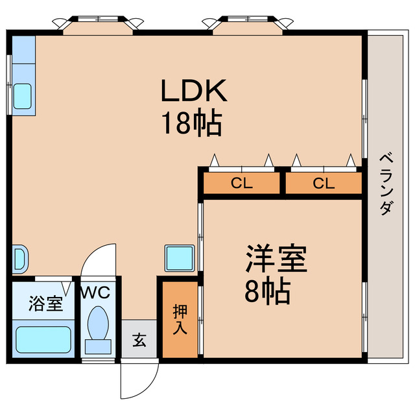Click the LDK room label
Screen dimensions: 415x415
(x=194, y=92)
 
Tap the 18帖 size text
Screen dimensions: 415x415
(x=192, y=123)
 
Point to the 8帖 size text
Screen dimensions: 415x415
(x=267, y=293)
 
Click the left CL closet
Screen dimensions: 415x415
(x=242, y=184)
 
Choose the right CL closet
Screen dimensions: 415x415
(x=323, y=184)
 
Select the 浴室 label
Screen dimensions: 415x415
(x=45, y=303)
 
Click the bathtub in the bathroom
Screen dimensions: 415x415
(x=43, y=338)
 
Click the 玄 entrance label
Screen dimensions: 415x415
(x=139, y=338)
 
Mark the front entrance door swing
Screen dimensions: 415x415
(x=138, y=379)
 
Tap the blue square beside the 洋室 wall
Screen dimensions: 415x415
(x=180, y=258)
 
